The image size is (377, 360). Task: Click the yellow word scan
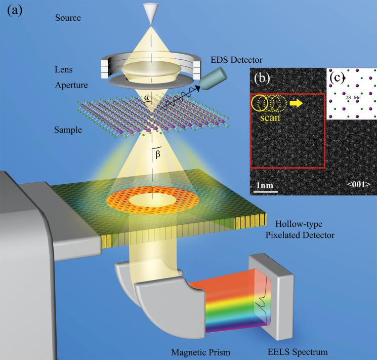268,115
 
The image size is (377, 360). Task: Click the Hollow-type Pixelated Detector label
313,229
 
